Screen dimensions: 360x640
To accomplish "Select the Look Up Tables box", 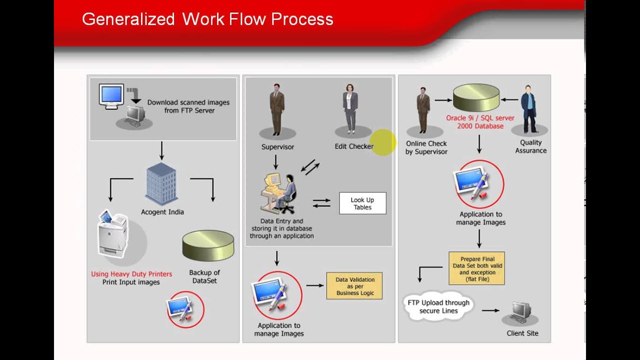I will [x=362, y=203].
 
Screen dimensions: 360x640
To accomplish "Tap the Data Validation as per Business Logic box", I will [x=354, y=286].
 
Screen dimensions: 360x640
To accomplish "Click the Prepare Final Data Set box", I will [x=476, y=268].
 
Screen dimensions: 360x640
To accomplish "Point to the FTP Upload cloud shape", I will [x=438, y=306].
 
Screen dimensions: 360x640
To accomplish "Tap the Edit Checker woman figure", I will [x=350, y=109].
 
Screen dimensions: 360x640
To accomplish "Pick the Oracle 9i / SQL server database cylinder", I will [x=476, y=97].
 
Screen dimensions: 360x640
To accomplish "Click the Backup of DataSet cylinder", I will [x=208, y=245].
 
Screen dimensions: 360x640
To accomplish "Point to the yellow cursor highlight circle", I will [x=383, y=142].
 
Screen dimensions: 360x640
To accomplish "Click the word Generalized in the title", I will [x=128, y=19].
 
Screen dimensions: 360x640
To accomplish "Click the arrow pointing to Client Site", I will [x=490, y=310].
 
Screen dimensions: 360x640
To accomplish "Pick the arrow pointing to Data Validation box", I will [x=314, y=285].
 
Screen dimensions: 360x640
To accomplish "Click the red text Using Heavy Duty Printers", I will [x=131, y=274].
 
